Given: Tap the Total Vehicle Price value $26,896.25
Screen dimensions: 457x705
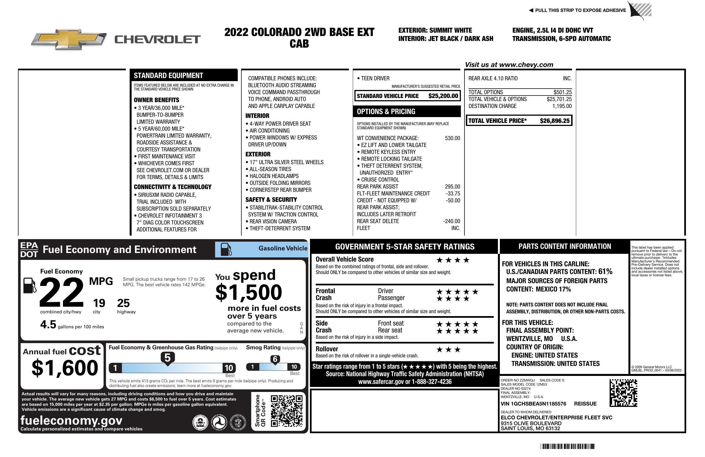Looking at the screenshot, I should click(x=554, y=121).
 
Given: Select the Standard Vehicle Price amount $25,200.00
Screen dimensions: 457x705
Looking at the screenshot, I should click(x=443, y=96).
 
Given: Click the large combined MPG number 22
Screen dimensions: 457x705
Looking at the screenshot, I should click(x=61, y=292).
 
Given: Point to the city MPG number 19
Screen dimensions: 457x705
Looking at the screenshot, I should click(x=99, y=303).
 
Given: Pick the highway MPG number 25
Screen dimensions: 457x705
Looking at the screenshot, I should click(x=123, y=303).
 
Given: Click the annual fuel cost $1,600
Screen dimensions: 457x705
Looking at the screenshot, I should click(x=65, y=368).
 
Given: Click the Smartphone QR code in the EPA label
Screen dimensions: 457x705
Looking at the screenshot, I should click(x=286, y=411).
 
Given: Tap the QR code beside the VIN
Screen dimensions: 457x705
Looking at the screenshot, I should click(x=623, y=393).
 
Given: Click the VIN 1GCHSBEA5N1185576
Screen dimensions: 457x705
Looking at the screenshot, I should click(x=533, y=404).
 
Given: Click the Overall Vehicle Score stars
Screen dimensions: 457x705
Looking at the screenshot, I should click(x=453, y=260).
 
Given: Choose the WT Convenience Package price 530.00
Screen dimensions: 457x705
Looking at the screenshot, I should click(x=452, y=138).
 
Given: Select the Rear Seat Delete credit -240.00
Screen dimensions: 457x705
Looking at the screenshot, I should click(x=451, y=221).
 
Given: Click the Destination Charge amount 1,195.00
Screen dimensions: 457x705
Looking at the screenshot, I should click(x=562, y=106).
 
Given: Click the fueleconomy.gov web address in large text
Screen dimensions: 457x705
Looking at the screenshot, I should click(x=71, y=420).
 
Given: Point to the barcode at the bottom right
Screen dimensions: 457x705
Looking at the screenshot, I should click(x=567, y=446).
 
